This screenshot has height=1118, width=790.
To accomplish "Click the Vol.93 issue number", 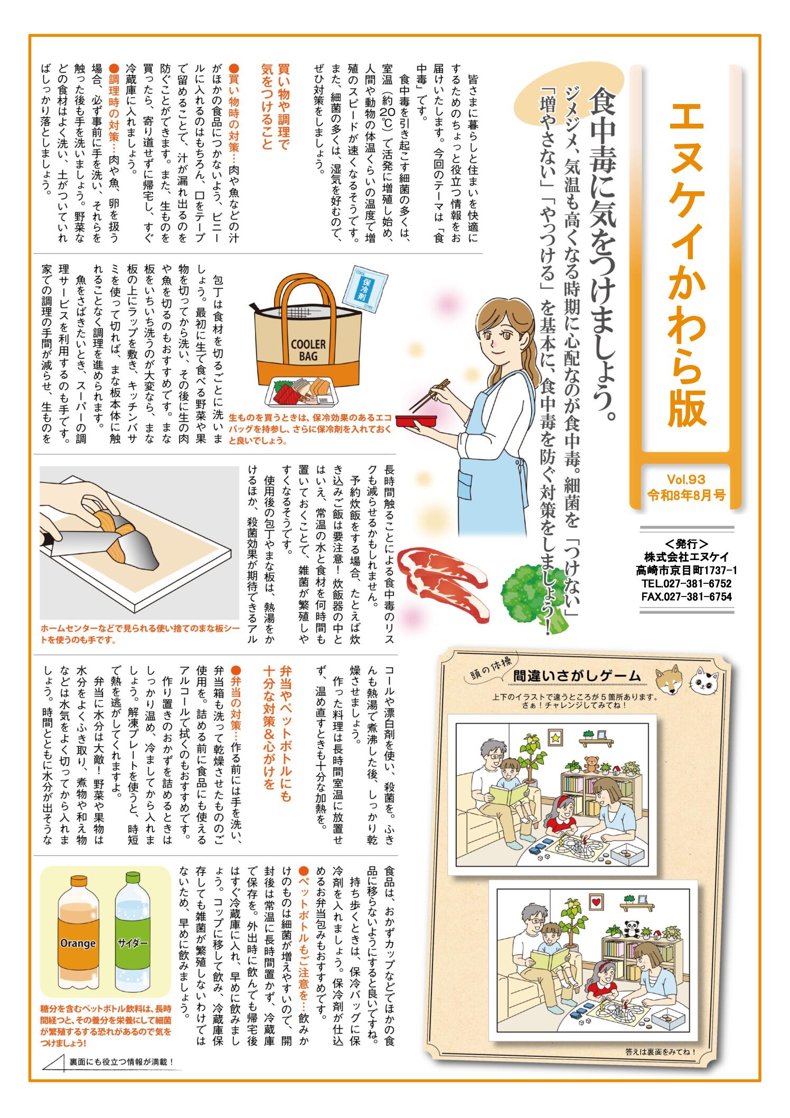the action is click(686, 479).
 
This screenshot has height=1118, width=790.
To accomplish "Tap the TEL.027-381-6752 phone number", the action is click(686, 583).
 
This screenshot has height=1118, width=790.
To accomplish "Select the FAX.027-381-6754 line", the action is click(686, 597).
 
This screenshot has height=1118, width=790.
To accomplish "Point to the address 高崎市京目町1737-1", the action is click(686, 570).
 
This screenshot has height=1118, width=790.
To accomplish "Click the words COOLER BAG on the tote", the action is click(308, 350).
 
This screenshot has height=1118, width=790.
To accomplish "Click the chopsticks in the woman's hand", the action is click(430, 395).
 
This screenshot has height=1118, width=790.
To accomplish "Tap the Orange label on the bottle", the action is click(78, 943).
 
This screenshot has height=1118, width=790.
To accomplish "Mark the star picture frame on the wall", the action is click(555, 737).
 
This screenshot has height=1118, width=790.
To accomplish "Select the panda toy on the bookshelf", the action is click(632, 929).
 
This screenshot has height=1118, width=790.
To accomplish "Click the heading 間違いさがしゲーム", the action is click(577, 676).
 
